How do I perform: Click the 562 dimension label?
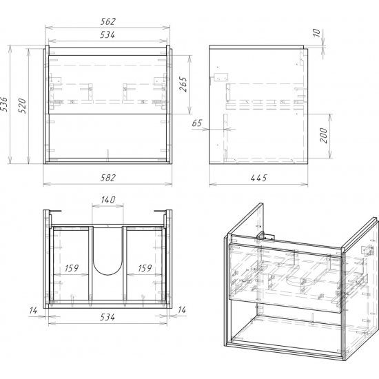tap(107, 21)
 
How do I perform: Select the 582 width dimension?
tap(107, 178)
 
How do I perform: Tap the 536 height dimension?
tap(4, 104)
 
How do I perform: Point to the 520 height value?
tap(22, 105)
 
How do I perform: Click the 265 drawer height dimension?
tap(183, 84)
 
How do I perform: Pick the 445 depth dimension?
tap(258, 178)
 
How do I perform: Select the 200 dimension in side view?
tap(323, 135)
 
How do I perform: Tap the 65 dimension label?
tap(197, 123)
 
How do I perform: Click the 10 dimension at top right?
tap(317, 32)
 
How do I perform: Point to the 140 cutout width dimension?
tap(108, 200)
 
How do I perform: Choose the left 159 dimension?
tap(72, 268)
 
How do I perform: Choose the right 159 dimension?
tap(145, 268)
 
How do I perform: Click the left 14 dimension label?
tap(33, 310)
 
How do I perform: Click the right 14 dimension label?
tap(182, 309)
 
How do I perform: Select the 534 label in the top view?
tap(107, 317)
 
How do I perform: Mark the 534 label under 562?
tap(107, 35)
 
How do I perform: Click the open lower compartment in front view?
tap(107, 136)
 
